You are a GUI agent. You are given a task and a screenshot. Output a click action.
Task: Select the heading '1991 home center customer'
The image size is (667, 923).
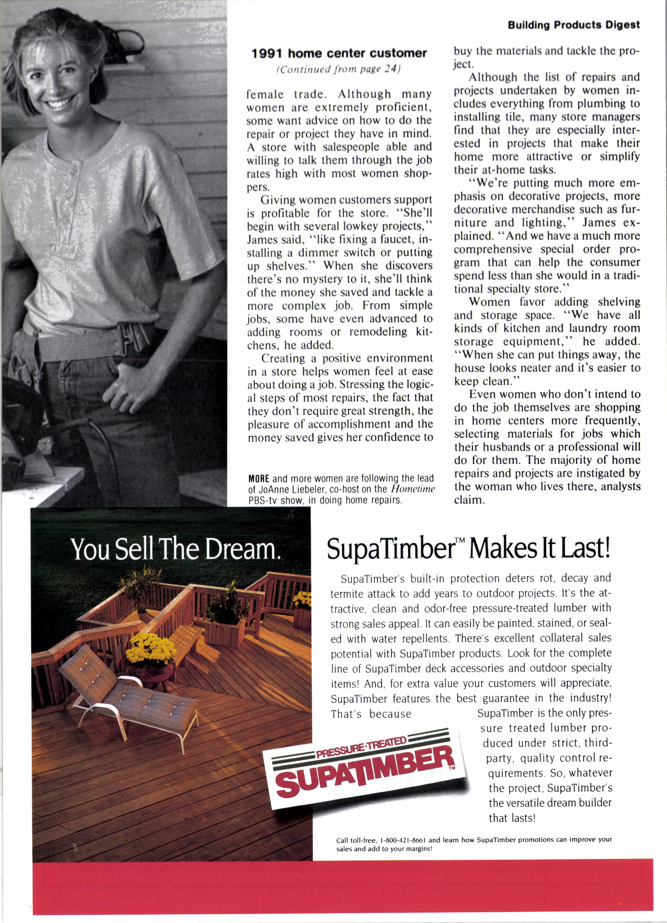[x=339, y=53]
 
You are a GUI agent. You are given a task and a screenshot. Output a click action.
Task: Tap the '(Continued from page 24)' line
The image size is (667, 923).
[x=339, y=69]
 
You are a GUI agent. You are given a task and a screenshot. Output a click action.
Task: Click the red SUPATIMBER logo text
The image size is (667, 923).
[x=364, y=771]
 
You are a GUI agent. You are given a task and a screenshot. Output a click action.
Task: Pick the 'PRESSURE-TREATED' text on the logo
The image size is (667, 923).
[x=362, y=747]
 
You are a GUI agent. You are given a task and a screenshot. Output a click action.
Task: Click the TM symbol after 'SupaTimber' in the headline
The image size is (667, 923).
[x=459, y=540]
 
